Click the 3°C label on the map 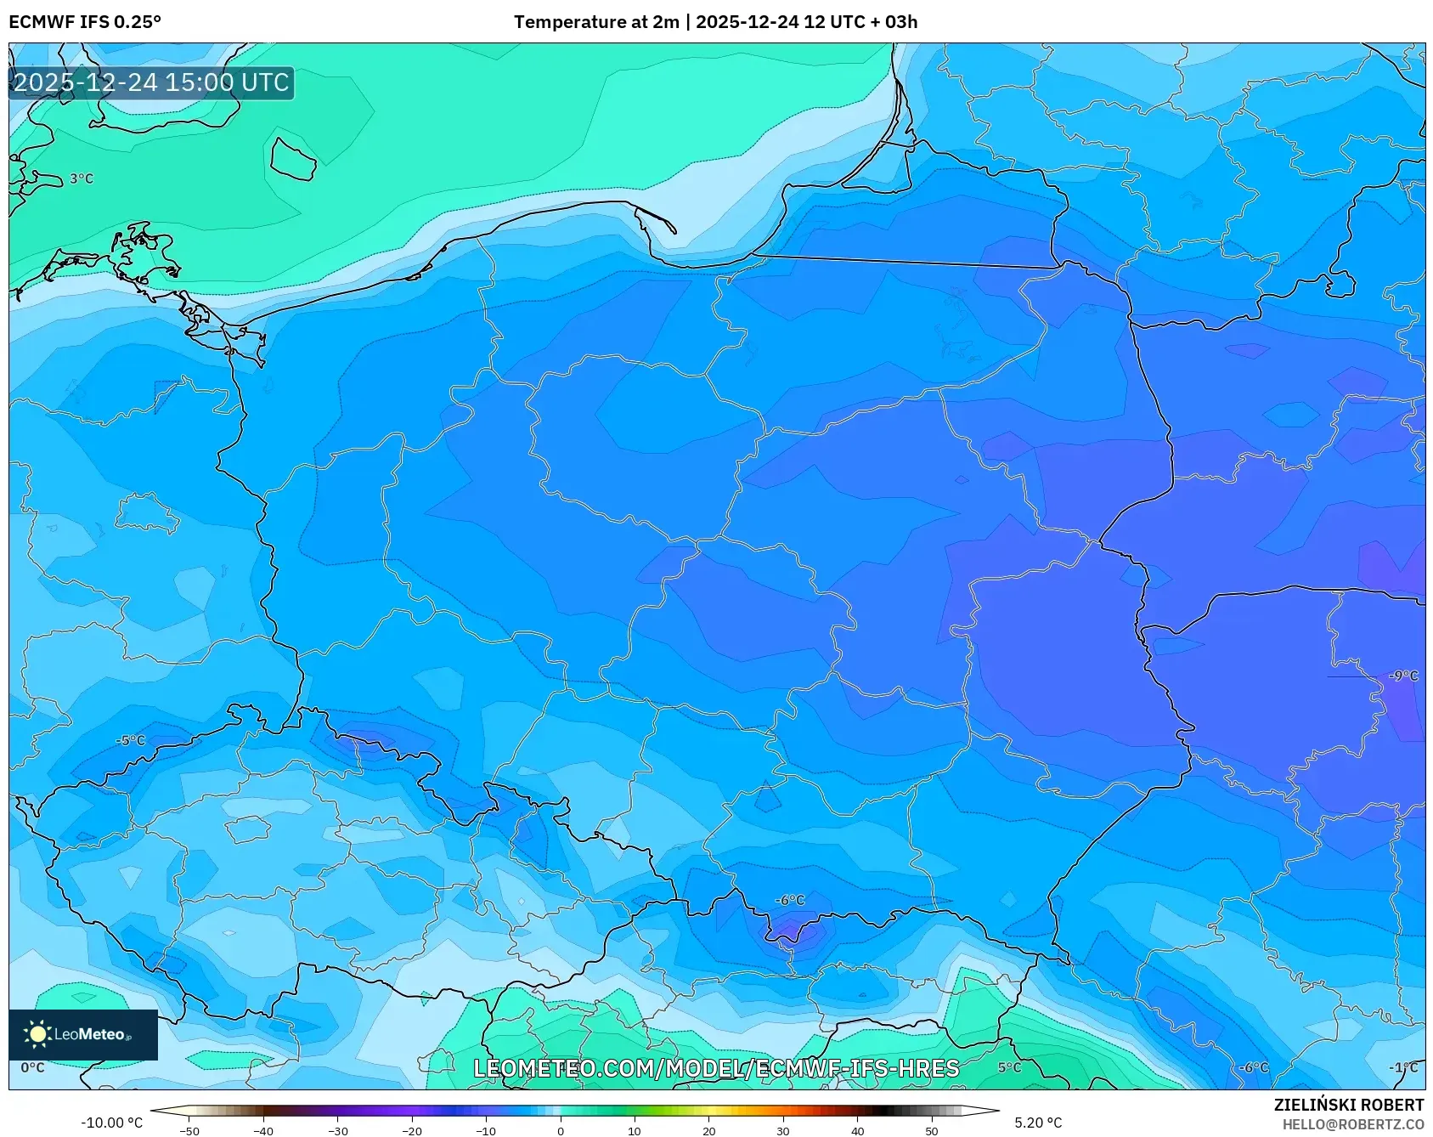point(82,178)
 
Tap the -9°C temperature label point(1403,676)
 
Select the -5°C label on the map point(131,740)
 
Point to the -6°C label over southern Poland point(789,900)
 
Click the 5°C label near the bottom point(1009,1067)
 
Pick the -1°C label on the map point(1403,1067)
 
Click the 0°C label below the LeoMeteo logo point(32,1067)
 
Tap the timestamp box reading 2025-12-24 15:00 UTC point(151,82)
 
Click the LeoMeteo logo point(83,1034)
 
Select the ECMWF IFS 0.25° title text point(85,22)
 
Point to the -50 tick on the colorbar point(189,1131)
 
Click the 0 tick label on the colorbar point(560,1131)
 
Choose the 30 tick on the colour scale point(782,1131)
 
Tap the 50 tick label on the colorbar point(931,1131)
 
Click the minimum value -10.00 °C point(111,1123)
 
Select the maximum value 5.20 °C point(1037,1123)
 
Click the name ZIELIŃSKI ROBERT point(1348,1106)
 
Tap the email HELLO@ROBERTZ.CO point(1352,1124)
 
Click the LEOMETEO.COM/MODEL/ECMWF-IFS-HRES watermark point(716,1068)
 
